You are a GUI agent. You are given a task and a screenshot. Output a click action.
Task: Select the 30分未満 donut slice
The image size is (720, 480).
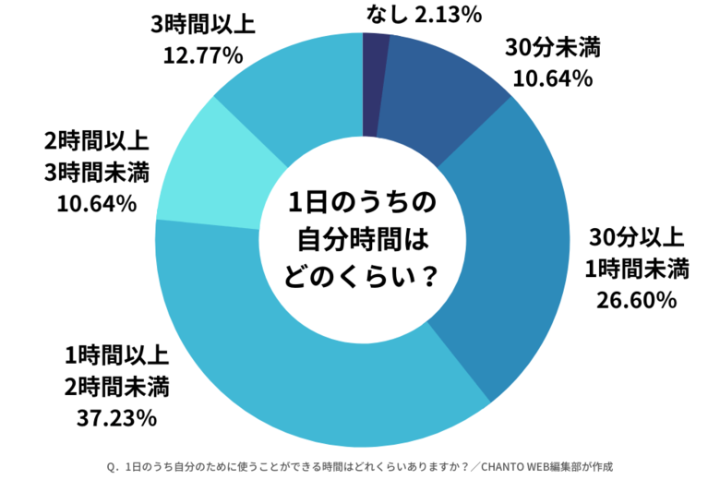tap(438, 92)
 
